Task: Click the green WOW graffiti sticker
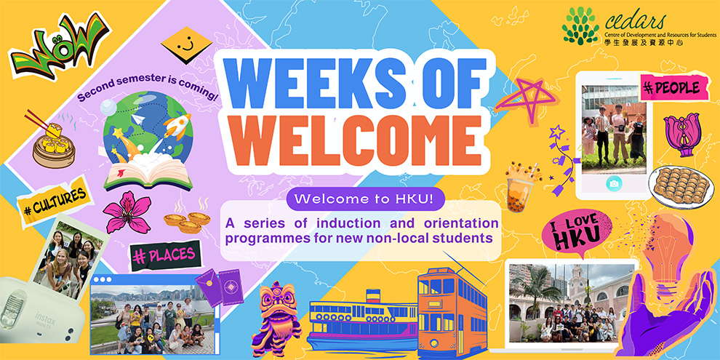(x=60, y=47)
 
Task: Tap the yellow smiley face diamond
(x=186, y=45)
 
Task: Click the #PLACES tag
(x=166, y=255)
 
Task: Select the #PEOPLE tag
(x=671, y=88)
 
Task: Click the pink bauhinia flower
(x=127, y=212)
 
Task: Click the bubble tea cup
(x=521, y=188)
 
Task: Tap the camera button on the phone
(x=614, y=184)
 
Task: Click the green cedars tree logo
(x=580, y=26)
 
